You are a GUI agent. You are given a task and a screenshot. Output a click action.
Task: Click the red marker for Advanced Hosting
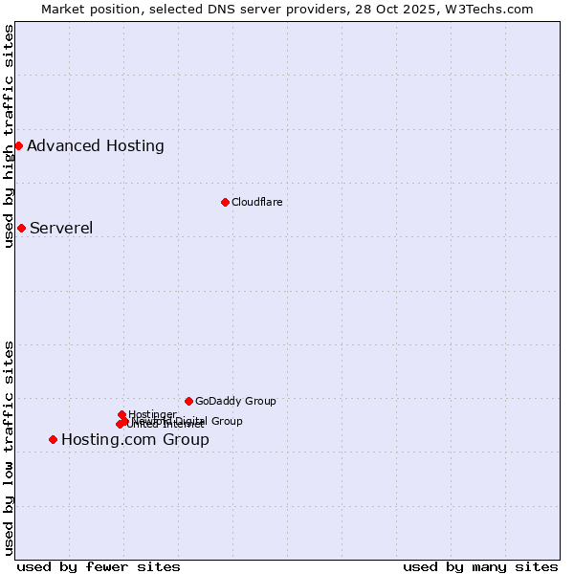18,145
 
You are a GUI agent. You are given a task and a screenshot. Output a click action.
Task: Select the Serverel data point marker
21,228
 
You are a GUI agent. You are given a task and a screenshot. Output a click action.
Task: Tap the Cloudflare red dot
225,202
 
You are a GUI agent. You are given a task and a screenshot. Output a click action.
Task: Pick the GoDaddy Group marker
188,401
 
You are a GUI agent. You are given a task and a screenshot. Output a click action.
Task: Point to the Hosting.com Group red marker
53,439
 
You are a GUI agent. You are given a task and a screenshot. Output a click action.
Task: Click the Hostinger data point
121,414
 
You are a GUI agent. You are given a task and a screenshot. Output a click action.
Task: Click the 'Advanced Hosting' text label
96,146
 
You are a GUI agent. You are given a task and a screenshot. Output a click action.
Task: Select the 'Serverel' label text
61,228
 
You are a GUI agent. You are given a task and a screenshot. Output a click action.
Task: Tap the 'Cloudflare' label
256,202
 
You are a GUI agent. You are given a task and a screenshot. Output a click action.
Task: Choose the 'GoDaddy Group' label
235,401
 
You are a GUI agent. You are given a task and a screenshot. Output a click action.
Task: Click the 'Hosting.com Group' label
135,440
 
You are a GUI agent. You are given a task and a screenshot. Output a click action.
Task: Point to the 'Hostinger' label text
152,413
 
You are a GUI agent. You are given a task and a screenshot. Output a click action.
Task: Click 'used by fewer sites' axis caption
99,566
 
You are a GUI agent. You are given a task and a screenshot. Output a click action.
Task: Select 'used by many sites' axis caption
480,566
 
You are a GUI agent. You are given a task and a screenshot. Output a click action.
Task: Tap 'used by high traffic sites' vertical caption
9,136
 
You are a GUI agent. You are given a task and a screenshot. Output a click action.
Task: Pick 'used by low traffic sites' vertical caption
9,448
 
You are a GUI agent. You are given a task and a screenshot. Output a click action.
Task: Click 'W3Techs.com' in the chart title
494,9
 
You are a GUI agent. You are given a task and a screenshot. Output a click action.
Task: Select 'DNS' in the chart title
227,9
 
